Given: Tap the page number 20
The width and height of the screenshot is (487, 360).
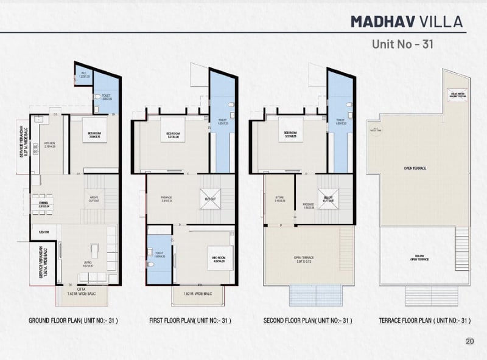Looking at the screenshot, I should point(469,341).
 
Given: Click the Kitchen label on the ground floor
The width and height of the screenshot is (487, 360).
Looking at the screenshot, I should point(50,145).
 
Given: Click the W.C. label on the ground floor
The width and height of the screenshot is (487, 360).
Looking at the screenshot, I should point(84,76).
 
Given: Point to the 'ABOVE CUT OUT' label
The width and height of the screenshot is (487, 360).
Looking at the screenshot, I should point(94,199).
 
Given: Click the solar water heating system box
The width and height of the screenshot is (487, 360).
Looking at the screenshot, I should point(458,94).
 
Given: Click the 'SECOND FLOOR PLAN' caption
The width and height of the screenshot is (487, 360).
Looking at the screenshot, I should point(308,320).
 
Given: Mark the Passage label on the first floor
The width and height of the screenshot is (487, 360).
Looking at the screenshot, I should point(167,199).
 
